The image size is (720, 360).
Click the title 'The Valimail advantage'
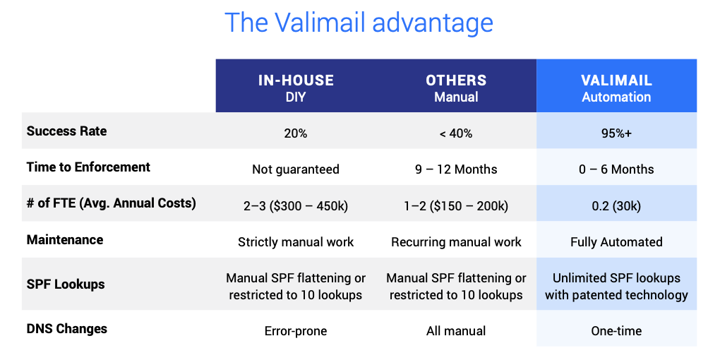(x=359, y=23)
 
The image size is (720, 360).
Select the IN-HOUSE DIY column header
(x=296, y=88)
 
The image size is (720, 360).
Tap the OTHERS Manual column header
(x=456, y=88)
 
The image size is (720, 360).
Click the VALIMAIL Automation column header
(x=616, y=88)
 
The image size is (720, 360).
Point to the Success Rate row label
(x=66, y=131)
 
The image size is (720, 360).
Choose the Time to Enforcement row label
(x=88, y=167)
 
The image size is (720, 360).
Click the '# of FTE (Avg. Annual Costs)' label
(x=111, y=203)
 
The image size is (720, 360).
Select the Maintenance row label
(x=65, y=240)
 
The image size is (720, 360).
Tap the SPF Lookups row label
(x=66, y=284)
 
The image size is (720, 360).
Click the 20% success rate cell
(x=296, y=133)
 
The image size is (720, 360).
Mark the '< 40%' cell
(x=456, y=133)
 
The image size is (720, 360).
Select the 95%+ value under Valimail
(x=616, y=133)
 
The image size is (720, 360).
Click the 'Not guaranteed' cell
(x=296, y=169)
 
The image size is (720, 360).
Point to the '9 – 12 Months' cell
(x=456, y=169)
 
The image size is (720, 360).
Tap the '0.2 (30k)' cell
(x=616, y=205)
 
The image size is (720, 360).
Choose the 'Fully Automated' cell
(x=616, y=242)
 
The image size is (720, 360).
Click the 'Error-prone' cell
(x=296, y=331)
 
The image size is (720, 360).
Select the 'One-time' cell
(x=616, y=331)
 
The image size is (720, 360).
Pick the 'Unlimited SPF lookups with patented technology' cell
(x=616, y=286)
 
